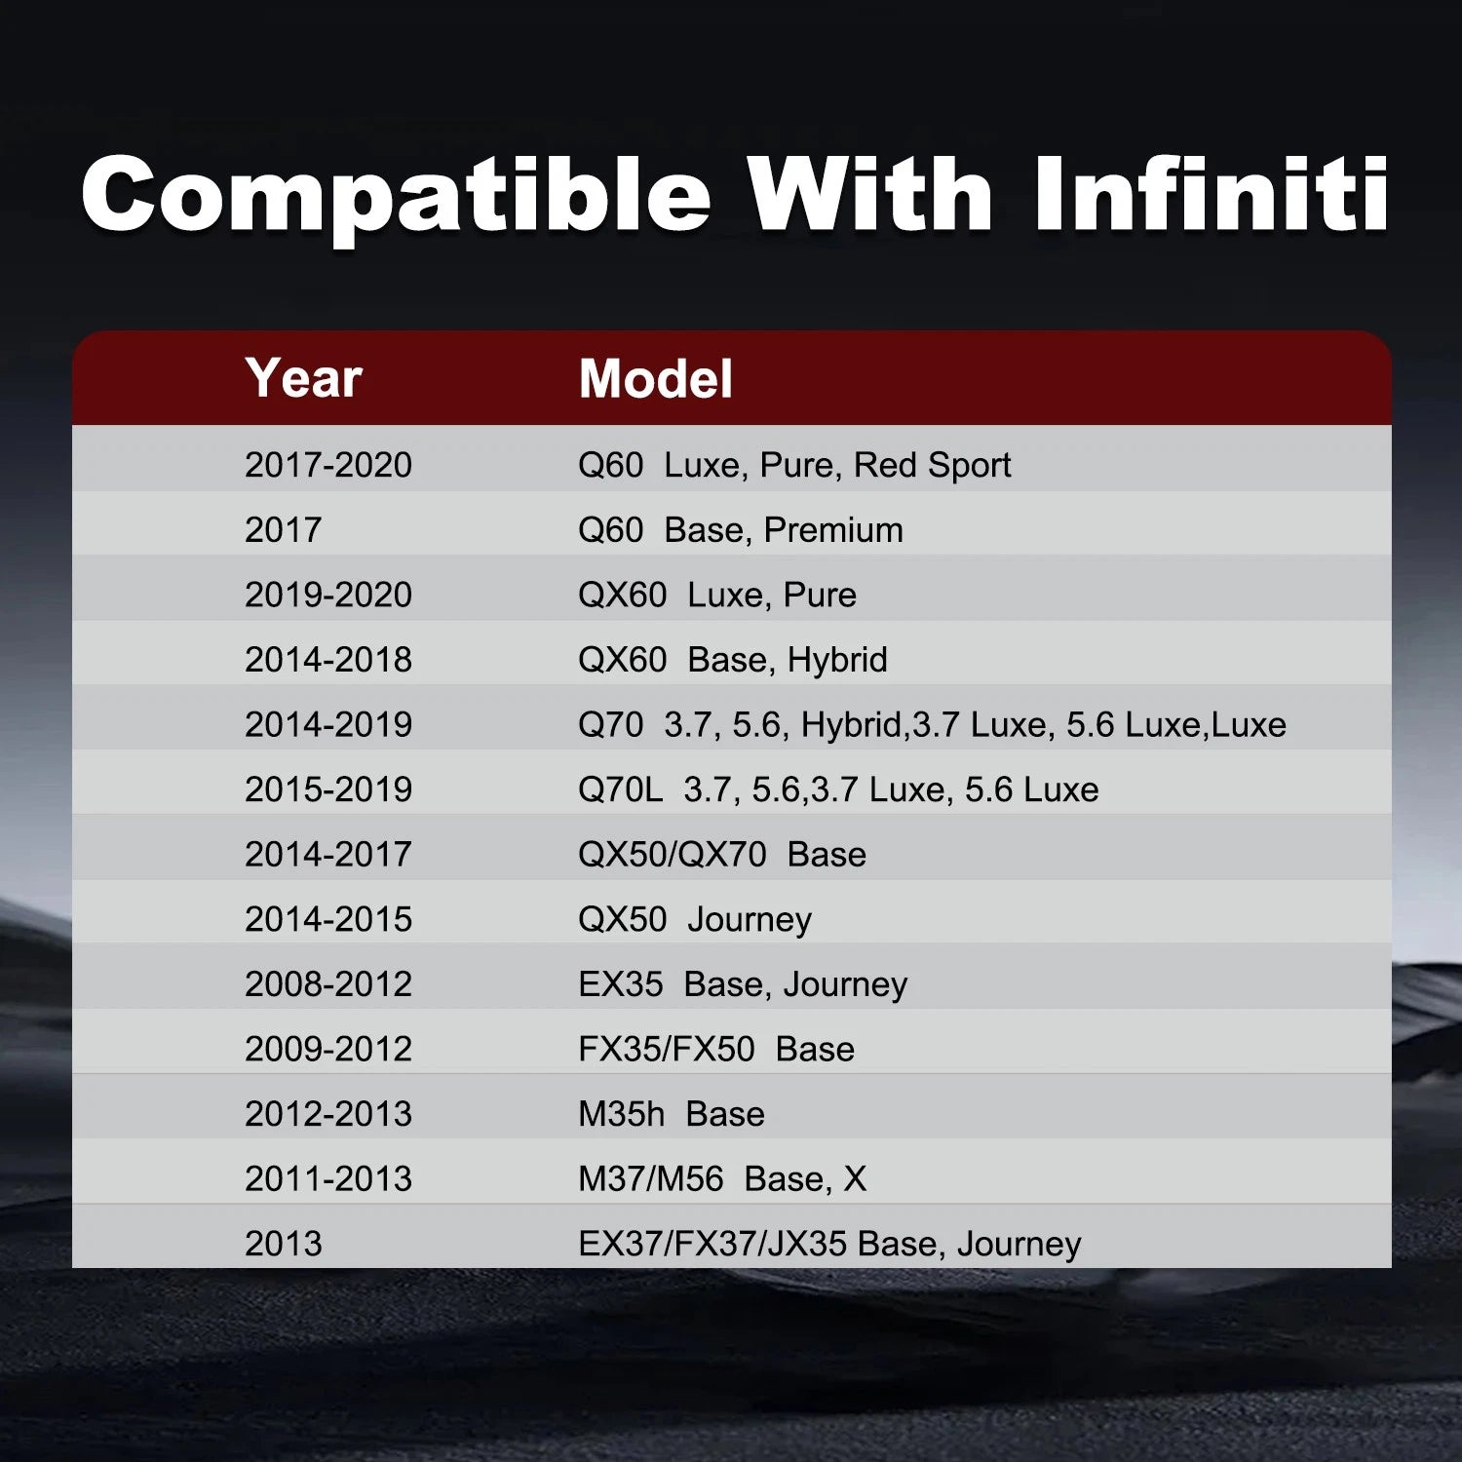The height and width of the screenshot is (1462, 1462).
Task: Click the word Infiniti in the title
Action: pyautogui.click(x=1212, y=194)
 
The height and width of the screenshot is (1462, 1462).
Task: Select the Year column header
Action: pyautogui.click(x=304, y=378)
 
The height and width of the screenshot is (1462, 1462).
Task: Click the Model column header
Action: pyautogui.click(x=655, y=378)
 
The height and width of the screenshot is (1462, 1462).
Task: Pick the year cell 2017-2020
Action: pyautogui.click(x=328, y=465)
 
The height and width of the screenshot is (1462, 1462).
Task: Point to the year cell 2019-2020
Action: pyautogui.click(x=328, y=595)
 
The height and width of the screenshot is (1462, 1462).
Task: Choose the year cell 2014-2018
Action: pyautogui.click(x=328, y=660)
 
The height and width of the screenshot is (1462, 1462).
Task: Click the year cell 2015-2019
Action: pyautogui.click(x=328, y=789)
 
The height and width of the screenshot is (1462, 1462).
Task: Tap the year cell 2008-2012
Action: pyautogui.click(x=328, y=984)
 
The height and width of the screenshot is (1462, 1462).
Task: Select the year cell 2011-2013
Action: pyautogui.click(x=328, y=1179)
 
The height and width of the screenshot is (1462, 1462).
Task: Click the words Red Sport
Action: pyautogui.click(x=932, y=466)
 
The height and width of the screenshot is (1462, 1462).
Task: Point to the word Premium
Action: pyautogui.click(x=833, y=530)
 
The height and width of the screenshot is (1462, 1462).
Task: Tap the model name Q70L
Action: pyautogui.click(x=620, y=789)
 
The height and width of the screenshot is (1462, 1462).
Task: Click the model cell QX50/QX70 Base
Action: pyautogui.click(x=722, y=855)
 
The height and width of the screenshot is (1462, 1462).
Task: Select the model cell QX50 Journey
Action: pyautogui.click(x=695, y=920)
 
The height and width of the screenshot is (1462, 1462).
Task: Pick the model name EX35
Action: pyautogui.click(x=621, y=984)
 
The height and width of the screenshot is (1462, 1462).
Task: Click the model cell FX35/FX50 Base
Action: pyautogui.click(x=716, y=1050)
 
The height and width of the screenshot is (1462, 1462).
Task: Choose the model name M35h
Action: pyautogui.click(x=621, y=1114)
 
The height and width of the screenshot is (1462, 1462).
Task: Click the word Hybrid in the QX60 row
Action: pyautogui.click(x=837, y=661)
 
